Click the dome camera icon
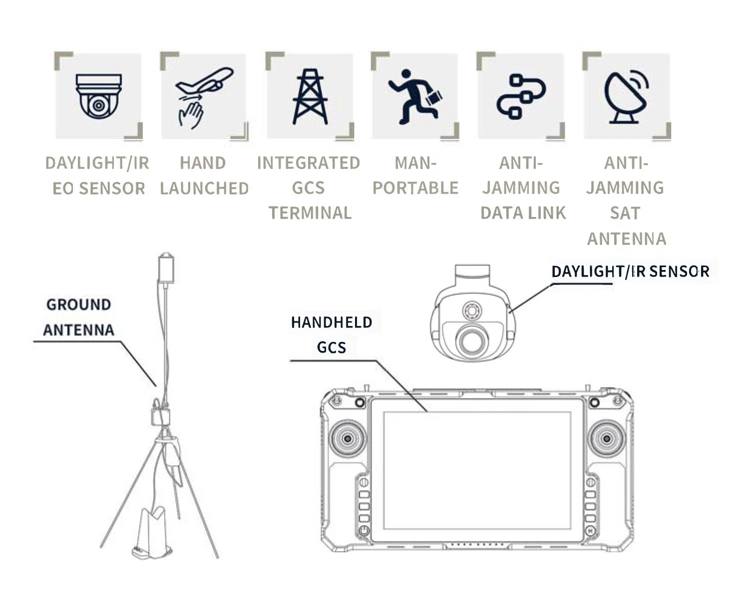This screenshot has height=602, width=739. click(x=98, y=96)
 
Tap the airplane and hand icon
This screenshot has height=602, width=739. click(x=204, y=97)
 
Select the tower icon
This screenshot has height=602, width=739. click(x=310, y=96)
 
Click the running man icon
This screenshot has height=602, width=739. click(x=415, y=97)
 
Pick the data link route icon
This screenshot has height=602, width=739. click(x=521, y=96)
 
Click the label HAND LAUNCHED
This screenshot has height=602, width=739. click(x=204, y=175)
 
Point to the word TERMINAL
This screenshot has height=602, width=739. click(x=310, y=212)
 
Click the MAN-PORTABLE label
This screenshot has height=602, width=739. click(x=415, y=175)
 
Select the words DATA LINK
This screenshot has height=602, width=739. click(x=523, y=212)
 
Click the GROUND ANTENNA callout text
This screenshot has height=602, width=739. click(x=79, y=317)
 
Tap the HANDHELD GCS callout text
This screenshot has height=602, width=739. click(x=332, y=334)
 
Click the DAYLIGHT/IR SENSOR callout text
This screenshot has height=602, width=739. click(x=631, y=271)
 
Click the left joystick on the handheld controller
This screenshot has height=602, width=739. click(x=348, y=438)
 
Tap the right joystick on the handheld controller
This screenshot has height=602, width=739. click(x=607, y=438)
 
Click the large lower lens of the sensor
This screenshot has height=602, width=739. click(x=472, y=341)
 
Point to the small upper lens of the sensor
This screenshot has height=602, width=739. click(x=472, y=310)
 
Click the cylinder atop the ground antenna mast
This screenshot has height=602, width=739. click(x=166, y=267)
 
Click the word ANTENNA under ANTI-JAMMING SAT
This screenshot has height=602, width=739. click(x=627, y=238)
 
